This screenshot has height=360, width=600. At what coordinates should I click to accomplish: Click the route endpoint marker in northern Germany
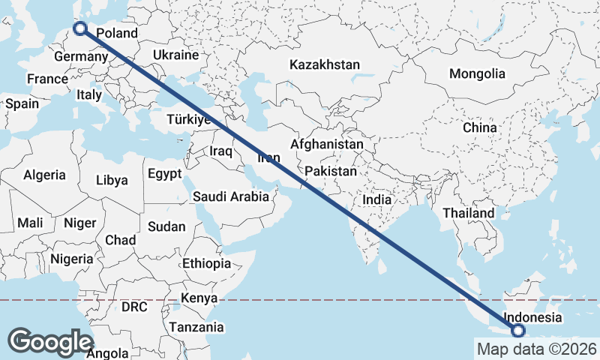(x=80, y=29)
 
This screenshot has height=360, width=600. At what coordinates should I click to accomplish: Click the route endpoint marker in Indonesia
(x=518, y=331)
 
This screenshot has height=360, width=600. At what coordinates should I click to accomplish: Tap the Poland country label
(x=118, y=33)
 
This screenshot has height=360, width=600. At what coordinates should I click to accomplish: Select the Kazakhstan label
(x=325, y=64)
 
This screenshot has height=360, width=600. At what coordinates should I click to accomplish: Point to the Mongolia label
(x=477, y=73)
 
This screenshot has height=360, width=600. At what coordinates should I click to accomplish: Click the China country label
(x=479, y=127)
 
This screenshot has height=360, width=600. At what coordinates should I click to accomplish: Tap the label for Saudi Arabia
(x=230, y=197)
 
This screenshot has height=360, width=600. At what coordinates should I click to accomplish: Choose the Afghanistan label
(x=327, y=144)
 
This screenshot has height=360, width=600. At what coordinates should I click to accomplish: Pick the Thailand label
(x=469, y=213)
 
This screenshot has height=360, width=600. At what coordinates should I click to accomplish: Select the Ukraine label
(x=175, y=55)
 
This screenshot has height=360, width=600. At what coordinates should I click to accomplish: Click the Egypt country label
(x=164, y=174)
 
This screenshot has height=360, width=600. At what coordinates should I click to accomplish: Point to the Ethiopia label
(x=207, y=263)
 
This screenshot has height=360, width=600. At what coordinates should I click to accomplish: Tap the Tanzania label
(x=196, y=327)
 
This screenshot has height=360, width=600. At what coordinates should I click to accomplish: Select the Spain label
(x=22, y=103)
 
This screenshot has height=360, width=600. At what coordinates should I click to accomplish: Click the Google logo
(x=50, y=341)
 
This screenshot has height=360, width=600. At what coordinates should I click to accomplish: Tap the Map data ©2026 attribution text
(x=536, y=349)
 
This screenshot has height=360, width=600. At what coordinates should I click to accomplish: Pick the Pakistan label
(x=331, y=171)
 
